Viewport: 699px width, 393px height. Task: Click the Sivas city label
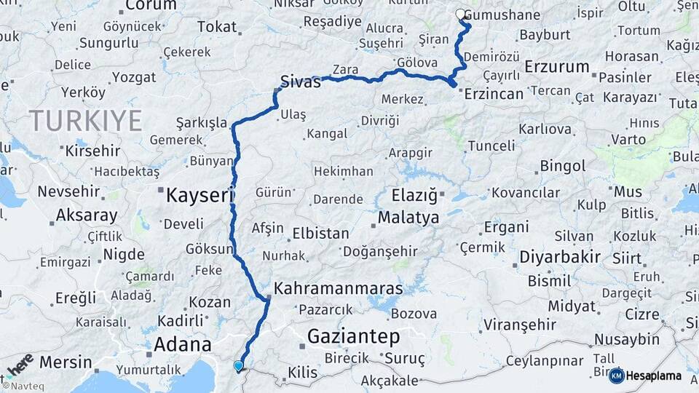click(x=301, y=82)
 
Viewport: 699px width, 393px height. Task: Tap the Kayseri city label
click(x=199, y=195)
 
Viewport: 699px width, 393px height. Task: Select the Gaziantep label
click(x=354, y=336)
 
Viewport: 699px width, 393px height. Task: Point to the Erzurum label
click(x=556, y=67)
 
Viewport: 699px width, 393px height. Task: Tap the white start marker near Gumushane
click(x=460, y=14)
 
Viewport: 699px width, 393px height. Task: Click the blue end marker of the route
click(x=238, y=365)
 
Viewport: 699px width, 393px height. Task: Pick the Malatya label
click(x=408, y=218)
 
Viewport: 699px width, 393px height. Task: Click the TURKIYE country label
click(x=85, y=120)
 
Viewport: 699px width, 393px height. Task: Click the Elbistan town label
click(x=320, y=234)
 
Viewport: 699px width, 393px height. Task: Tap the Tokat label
click(x=217, y=27)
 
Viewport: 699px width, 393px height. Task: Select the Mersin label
click(x=66, y=362)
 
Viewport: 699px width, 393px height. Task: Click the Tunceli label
click(x=491, y=145)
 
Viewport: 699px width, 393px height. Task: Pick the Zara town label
click(x=345, y=70)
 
